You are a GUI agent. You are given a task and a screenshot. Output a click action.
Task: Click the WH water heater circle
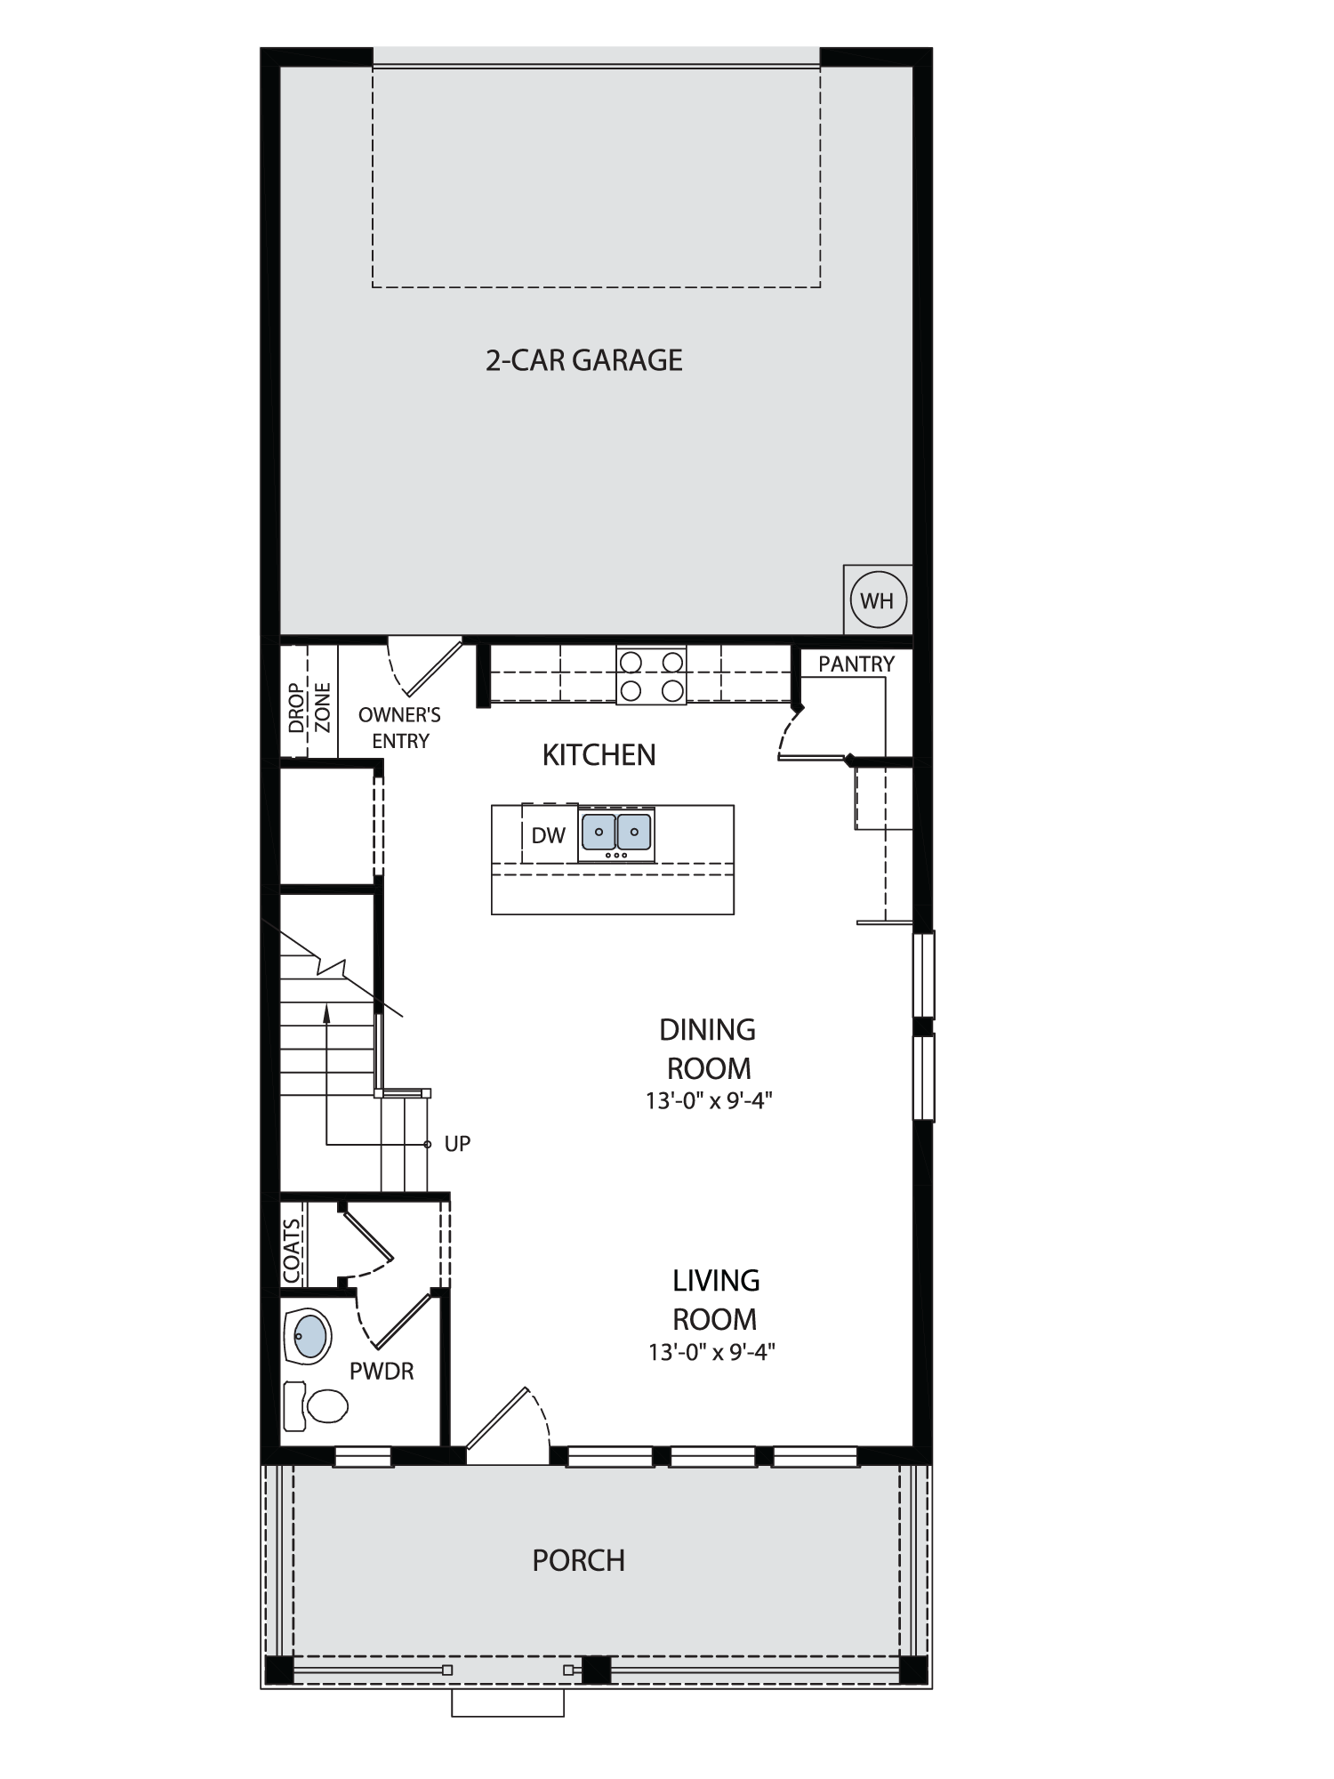pos(879,600)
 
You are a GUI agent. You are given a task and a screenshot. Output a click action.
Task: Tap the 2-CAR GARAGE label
pos(584,360)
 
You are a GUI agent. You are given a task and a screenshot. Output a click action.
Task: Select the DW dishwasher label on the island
pos(549,835)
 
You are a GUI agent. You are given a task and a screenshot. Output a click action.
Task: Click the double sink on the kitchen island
pos(616,833)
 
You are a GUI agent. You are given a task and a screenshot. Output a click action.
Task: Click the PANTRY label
pos(856,664)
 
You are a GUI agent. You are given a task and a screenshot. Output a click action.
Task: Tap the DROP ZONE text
pos(309,707)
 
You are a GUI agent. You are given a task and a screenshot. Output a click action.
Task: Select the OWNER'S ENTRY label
pos(399,728)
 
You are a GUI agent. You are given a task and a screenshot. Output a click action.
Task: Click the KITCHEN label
pos(599,755)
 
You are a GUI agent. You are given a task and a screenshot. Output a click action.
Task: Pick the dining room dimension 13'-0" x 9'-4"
pos(709,1101)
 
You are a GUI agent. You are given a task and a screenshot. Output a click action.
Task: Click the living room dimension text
pos(712,1353)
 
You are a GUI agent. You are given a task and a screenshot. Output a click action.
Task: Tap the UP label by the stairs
pos(457,1144)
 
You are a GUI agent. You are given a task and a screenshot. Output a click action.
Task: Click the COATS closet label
pos(293,1251)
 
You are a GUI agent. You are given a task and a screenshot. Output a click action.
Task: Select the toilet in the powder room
pos(315,1406)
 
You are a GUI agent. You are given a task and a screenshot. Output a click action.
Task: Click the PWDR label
pos(382,1372)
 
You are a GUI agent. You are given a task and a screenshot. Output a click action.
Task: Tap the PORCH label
pos(579,1560)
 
